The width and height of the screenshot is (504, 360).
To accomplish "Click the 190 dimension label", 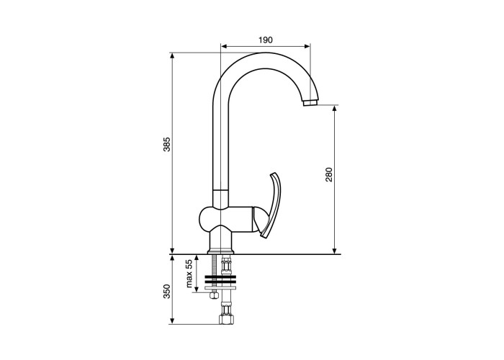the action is click(266, 40).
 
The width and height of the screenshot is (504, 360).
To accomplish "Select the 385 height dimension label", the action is click(167, 144).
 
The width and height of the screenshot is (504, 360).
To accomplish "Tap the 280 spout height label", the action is click(329, 174).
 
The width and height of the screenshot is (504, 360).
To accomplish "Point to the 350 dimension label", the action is click(167, 291).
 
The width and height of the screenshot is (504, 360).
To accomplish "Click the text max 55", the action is click(189, 274).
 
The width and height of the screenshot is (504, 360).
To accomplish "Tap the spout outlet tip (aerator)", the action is click(310, 103).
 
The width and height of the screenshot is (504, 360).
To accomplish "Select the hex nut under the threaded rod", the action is click(214, 295).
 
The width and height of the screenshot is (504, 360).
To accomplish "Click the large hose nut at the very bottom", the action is click(226, 319).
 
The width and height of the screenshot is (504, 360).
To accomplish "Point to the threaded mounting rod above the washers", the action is click(214, 265).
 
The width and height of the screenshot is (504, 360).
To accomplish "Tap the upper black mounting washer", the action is click(221, 276).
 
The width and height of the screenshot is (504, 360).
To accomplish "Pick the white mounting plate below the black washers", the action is click(221, 288).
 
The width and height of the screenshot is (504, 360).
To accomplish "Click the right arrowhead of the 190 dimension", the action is click(307, 46).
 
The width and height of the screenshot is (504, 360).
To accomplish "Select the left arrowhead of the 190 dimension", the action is click(225, 46).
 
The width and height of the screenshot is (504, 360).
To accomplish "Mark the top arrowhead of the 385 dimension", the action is click(172, 55).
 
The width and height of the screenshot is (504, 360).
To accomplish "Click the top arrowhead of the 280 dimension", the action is click(335, 109).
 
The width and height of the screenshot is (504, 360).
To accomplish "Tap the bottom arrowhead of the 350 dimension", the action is click(172, 321).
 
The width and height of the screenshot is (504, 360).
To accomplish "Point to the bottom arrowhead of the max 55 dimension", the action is click(197, 289).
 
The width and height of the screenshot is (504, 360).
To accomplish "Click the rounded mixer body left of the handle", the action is click(225, 219).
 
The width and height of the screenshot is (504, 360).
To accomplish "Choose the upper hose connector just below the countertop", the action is click(226, 265).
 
